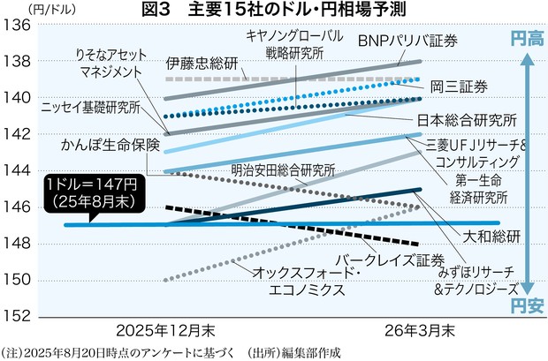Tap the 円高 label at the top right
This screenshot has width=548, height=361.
click(528, 39)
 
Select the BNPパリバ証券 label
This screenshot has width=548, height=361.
click(409, 41)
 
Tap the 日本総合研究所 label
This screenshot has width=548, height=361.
click(466, 120)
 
